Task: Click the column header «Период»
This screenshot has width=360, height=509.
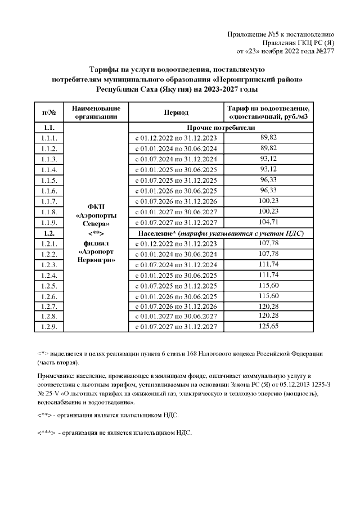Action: pos(176,112)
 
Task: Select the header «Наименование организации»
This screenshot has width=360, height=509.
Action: pos(97,112)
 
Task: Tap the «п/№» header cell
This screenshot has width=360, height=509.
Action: pos(49,112)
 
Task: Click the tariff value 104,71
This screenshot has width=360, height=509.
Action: pos(268,222)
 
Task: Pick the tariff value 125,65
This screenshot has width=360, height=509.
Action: pos(268,326)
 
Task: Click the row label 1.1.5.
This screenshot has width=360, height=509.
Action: pos(49,180)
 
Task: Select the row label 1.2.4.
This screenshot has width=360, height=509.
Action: pos(49,274)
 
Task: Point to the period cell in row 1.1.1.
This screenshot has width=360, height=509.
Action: pos(176,138)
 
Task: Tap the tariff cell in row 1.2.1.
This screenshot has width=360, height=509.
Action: pos(268,243)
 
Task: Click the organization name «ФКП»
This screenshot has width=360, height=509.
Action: pos(97,205)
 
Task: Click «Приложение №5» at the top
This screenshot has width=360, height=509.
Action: pos(252,34)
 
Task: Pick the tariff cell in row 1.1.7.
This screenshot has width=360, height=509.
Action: pos(268,201)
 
